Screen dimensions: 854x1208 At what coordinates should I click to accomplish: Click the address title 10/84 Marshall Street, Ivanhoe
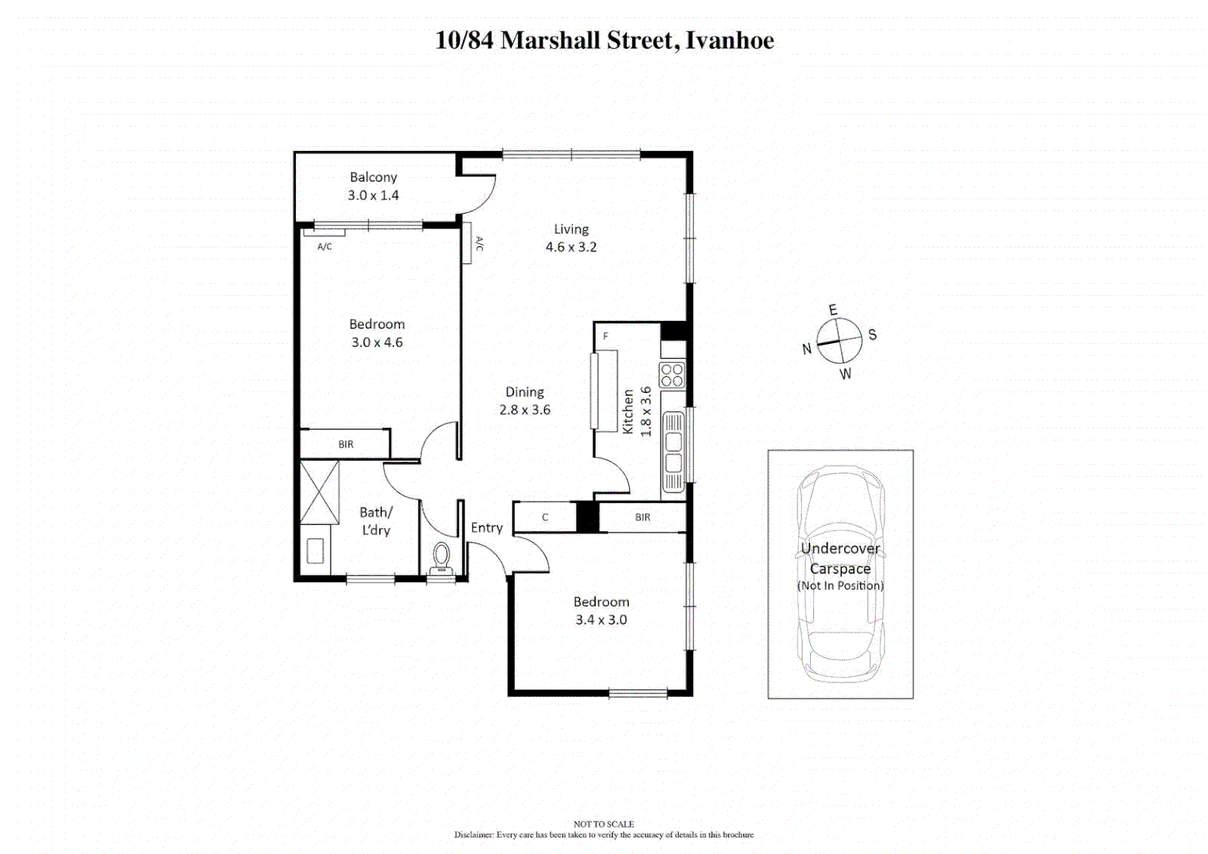(604, 40)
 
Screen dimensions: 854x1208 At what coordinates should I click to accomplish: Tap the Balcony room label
(373, 178)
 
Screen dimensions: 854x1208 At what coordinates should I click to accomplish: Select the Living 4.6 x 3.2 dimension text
(570, 248)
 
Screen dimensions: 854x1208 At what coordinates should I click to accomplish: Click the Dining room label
(524, 392)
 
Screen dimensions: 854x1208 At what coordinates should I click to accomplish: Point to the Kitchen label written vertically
(628, 412)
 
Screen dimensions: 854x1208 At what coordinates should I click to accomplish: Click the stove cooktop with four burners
(672, 376)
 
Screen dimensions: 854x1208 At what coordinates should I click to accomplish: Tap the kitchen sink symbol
(674, 453)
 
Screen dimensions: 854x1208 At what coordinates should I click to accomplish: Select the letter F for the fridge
(606, 337)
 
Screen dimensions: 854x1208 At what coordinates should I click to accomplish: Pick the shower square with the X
(320, 492)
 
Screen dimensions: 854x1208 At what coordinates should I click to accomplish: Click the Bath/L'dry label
(376, 521)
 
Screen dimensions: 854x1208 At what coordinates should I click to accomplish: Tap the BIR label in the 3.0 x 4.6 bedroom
(346, 444)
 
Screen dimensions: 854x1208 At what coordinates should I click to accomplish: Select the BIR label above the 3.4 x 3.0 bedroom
(642, 518)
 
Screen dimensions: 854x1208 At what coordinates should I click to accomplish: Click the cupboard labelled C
(545, 518)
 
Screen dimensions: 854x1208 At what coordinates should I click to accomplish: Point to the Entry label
(487, 528)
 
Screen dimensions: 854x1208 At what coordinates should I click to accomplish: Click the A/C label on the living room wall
(479, 244)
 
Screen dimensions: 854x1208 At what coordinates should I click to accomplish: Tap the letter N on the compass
(807, 349)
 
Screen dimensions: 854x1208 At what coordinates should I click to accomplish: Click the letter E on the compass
(832, 310)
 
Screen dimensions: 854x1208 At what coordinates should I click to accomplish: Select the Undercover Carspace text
(840, 558)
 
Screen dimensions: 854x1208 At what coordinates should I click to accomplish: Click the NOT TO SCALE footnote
(604, 824)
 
